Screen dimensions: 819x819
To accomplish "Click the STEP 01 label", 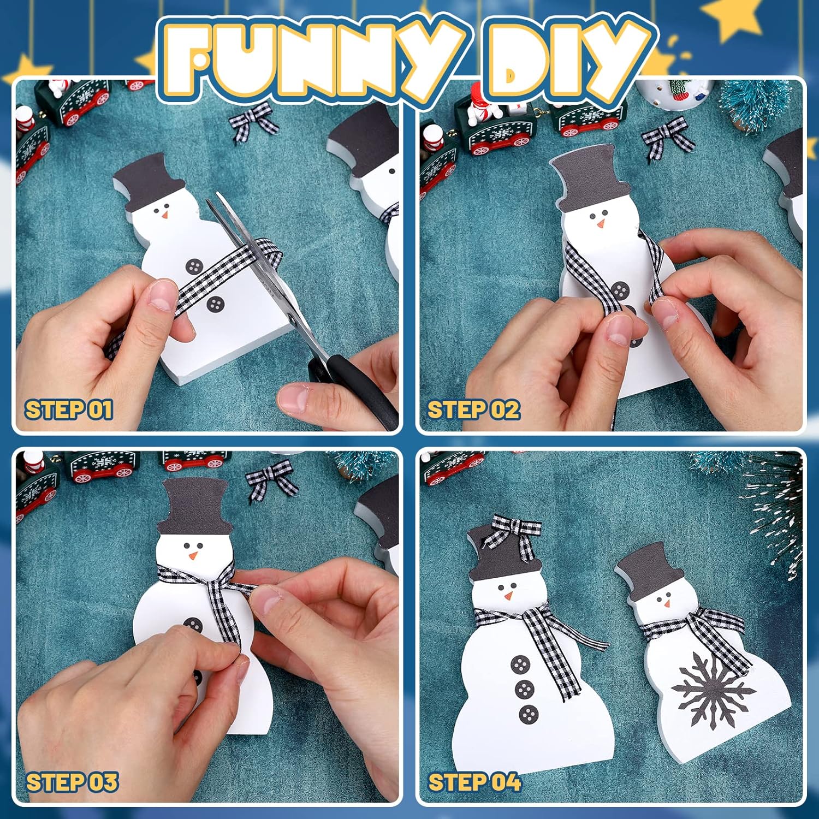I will tap(69, 410).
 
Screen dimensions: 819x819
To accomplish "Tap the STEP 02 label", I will tap(473, 410).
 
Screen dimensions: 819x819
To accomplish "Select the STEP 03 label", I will tap(72, 782).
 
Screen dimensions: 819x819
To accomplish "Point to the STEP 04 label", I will tap(474, 782).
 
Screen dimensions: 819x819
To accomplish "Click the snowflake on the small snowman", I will tap(713, 691).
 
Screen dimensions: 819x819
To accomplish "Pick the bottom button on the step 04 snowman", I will tap(528, 714).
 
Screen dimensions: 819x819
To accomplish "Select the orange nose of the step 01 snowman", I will tap(164, 215).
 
